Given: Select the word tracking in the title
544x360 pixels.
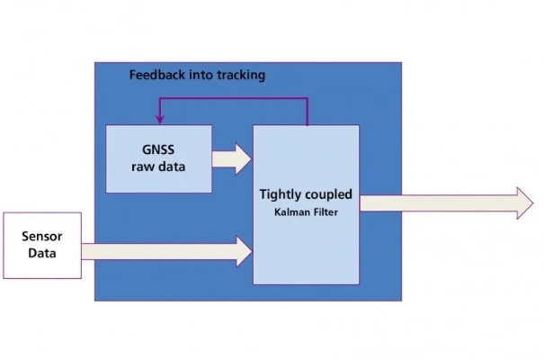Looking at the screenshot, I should point(239,76).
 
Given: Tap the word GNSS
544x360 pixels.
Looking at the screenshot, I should point(159,150).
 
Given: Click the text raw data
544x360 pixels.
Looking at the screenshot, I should point(159,166).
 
